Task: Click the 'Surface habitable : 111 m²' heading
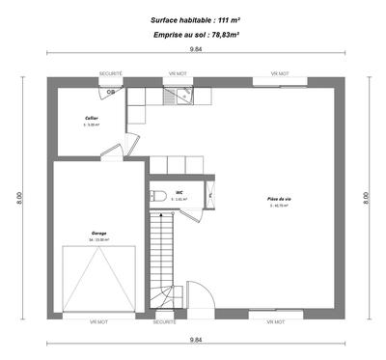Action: [x=195, y=19]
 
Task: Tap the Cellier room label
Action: [x=91, y=120]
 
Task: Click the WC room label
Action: [x=179, y=192]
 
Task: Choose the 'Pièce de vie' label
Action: [x=280, y=200]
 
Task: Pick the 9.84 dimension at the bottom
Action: [x=196, y=340]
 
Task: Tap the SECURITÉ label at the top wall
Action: [x=112, y=72]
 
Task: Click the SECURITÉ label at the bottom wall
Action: [x=164, y=321]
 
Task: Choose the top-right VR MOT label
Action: [x=280, y=72]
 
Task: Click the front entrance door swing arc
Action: [x=203, y=294]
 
